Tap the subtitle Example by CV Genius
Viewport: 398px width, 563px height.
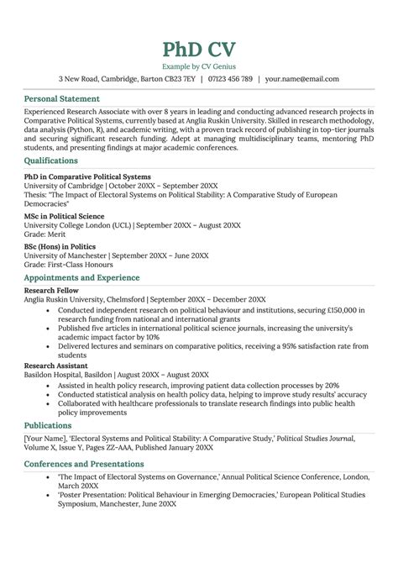[198, 65]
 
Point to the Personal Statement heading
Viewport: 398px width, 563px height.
[65, 98]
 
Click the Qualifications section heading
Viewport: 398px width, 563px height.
[51, 160]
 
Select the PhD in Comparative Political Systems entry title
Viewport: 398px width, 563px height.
[87, 177]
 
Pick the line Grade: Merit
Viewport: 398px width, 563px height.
[47, 235]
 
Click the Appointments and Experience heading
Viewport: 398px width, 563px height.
[81, 277]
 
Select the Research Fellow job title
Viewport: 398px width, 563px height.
[53, 290]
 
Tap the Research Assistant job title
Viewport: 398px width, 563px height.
[57, 366]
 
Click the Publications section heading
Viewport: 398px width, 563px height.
[48, 425]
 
